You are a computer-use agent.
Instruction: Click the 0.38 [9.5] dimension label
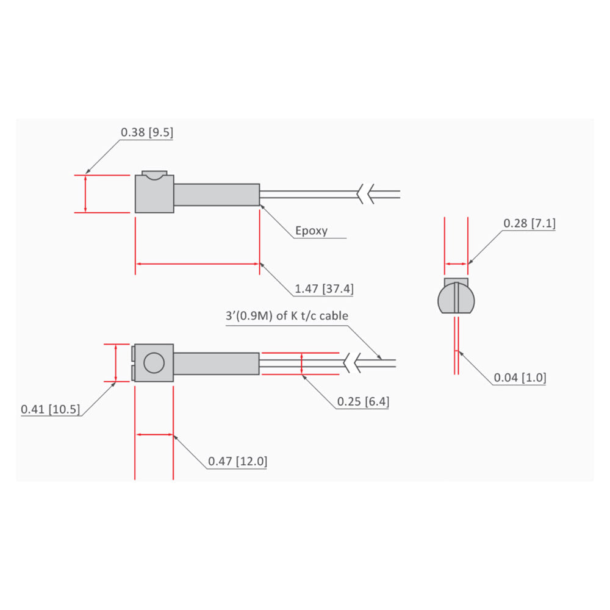(147, 132)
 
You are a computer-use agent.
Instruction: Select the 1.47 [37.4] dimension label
(323, 289)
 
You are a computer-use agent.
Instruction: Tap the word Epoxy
(311, 231)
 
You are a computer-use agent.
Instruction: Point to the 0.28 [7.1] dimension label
(529, 224)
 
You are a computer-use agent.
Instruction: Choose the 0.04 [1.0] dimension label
(520, 378)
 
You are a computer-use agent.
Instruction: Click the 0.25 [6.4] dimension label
(363, 402)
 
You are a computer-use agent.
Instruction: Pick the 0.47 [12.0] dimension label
(237, 461)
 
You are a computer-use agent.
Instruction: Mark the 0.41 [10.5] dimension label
(50, 409)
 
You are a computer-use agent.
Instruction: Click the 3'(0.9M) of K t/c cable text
(287, 316)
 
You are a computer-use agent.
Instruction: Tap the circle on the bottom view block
(154, 363)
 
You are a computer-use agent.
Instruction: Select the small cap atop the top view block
(154, 174)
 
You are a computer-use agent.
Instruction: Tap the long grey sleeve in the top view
(217, 195)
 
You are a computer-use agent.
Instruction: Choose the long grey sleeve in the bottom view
(217, 364)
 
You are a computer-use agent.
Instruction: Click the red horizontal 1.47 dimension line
(197, 264)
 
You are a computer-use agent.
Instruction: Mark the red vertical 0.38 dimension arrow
(85, 194)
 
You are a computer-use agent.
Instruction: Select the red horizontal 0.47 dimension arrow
(154, 435)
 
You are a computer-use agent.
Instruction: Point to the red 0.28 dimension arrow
(456, 264)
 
